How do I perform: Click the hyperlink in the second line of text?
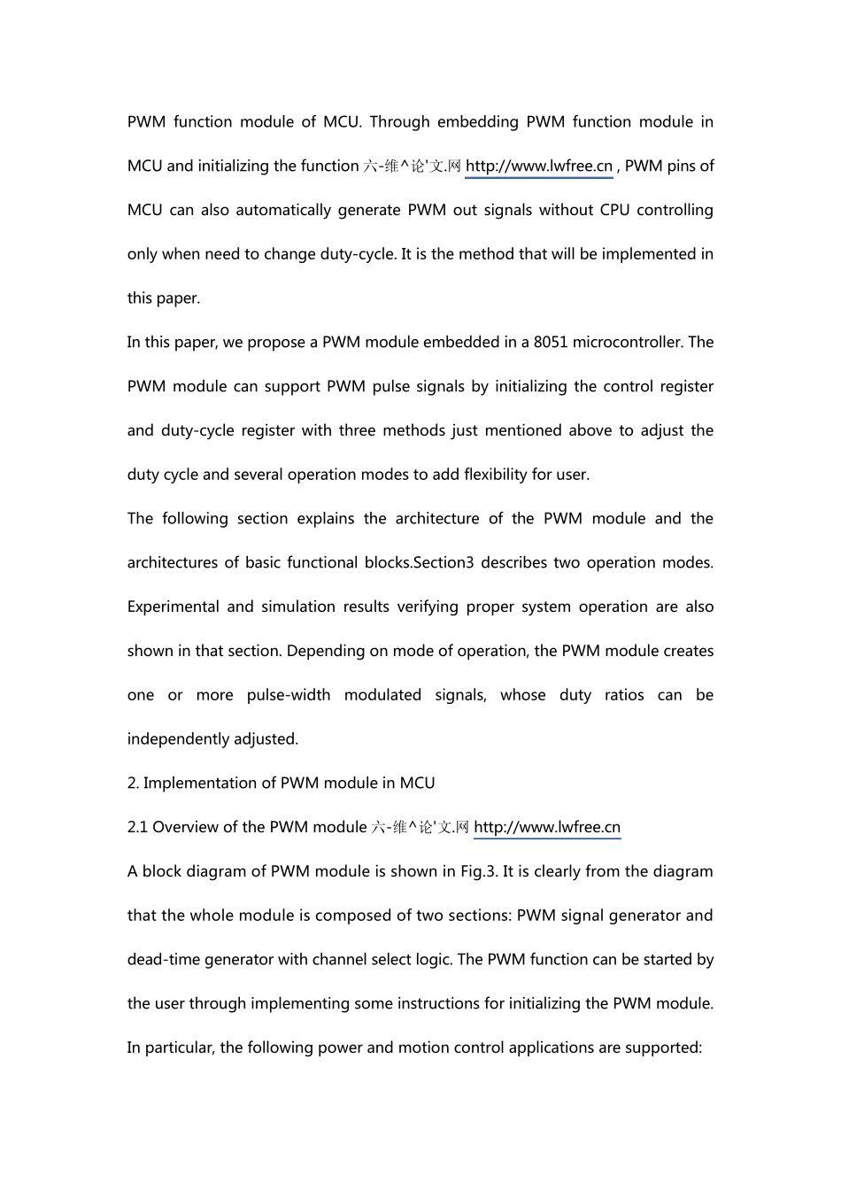click(x=538, y=166)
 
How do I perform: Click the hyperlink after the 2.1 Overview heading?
click(x=547, y=827)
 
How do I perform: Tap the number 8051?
click(x=551, y=342)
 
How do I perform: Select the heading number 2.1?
click(x=137, y=827)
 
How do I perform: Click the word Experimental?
click(x=173, y=607)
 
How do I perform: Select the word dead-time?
click(x=164, y=959)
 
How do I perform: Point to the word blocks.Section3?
click(x=426, y=562)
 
